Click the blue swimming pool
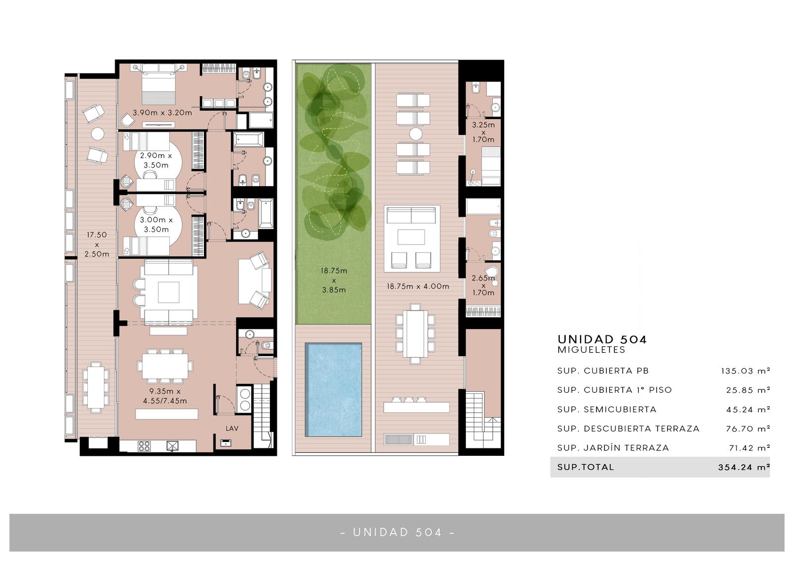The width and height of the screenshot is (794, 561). coord(333,389)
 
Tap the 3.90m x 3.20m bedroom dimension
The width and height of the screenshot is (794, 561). coord(162,113)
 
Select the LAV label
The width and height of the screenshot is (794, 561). coord(232,429)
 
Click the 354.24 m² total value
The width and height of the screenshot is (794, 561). coord(744,467)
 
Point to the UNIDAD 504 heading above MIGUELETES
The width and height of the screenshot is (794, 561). coord(602,339)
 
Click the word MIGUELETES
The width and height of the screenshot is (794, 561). coord(591,350)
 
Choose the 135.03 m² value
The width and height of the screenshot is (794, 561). coord(745,371)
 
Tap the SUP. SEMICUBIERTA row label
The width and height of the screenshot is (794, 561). coord(607,409)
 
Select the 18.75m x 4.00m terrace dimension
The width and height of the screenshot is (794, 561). coord(418,286)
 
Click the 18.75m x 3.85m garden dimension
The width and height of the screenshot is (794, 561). coord(333,280)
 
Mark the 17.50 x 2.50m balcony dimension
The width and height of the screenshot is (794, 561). coord(97,245)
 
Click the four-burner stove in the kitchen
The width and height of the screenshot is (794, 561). coord(144,446)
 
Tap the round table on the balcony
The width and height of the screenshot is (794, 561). coord(97,134)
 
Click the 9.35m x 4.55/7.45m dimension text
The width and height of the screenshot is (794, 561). coord(165,396)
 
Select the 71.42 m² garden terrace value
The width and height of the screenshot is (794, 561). coord(749,448)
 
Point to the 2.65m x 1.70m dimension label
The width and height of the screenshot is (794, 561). coord(483,285)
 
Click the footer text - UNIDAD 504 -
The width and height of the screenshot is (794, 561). coord(397,532)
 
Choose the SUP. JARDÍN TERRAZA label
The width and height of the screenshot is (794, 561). coord(613,447)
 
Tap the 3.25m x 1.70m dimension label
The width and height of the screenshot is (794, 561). coord(483,132)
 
